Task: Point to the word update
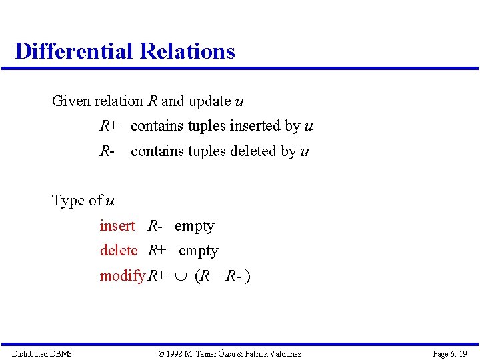[x=209, y=101]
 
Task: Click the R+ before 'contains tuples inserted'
[x=109, y=126]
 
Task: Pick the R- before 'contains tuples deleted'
[x=107, y=151]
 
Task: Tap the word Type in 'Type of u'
[x=67, y=201]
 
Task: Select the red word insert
[x=117, y=226]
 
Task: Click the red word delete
[x=119, y=251]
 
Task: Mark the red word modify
[x=123, y=276]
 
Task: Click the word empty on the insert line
[x=194, y=227]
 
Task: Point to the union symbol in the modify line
[x=180, y=276]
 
